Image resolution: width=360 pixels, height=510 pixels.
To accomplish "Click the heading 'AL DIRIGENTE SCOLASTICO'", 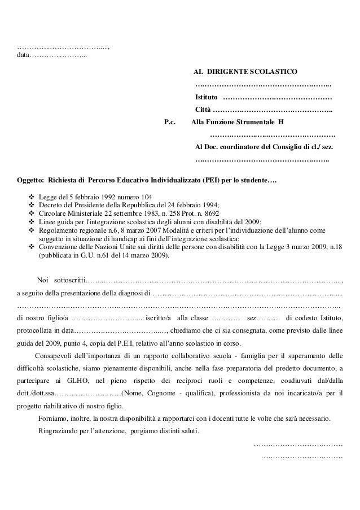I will tap(247, 72).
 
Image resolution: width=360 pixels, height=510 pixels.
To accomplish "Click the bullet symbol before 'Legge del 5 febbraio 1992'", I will tap(32, 197).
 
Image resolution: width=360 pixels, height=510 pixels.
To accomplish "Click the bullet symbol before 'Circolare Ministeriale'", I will tap(32, 213).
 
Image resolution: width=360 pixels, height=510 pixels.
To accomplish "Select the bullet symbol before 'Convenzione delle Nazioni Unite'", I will tap(32, 247).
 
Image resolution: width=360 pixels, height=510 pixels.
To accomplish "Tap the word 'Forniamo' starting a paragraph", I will tap(54, 420).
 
